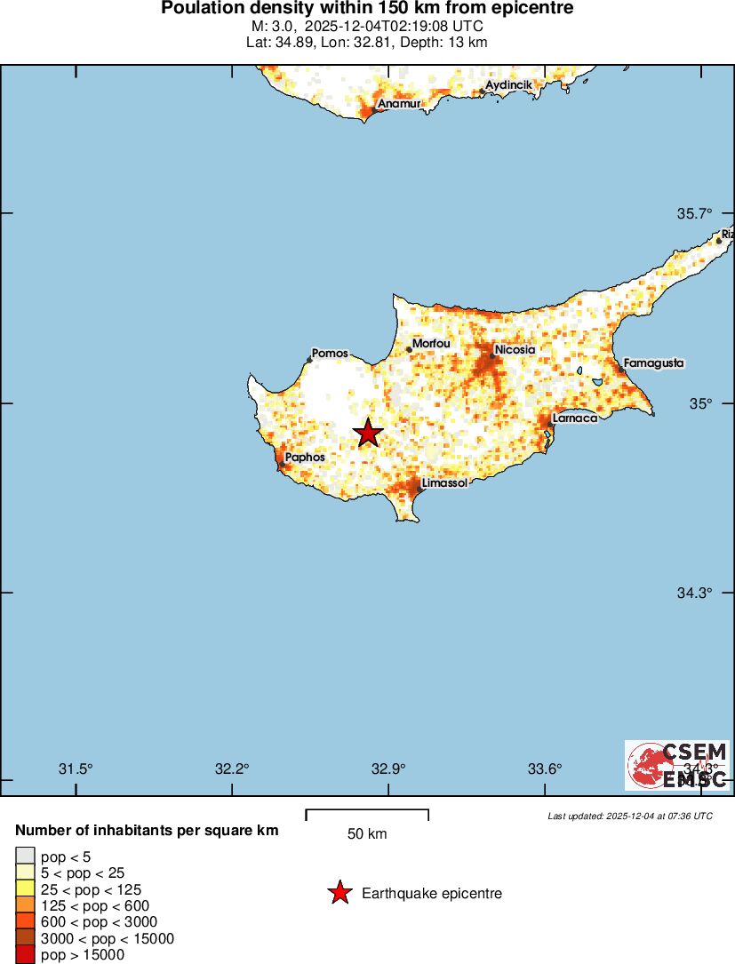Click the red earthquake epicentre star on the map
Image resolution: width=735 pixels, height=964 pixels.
pyautogui.click(x=368, y=434)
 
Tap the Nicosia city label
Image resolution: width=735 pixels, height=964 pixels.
pyautogui.click(x=515, y=350)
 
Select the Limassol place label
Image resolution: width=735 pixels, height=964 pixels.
pyautogui.click(x=445, y=482)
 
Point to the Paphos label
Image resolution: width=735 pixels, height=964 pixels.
pyautogui.click(x=304, y=457)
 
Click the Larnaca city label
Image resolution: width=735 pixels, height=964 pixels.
pyautogui.click(x=574, y=418)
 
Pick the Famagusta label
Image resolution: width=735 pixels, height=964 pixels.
pyautogui.click(x=653, y=363)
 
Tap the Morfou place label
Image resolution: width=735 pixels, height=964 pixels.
pyautogui.click(x=431, y=344)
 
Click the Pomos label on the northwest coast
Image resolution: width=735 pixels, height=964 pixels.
pyautogui.click(x=330, y=354)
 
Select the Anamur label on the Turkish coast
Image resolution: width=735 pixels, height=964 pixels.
pyautogui.click(x=398, y=104)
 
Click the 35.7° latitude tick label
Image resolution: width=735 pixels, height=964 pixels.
pyautogui.click(x=694, y=213)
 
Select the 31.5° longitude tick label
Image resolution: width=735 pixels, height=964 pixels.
pyautogui.click(x=76, y=769)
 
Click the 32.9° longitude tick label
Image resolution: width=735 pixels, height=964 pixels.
pyautogui.click(x=388, y=769)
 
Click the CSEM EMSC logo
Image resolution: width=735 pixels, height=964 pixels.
pyautogui.click(x=677, y=765)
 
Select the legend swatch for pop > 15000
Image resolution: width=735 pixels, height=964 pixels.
pyautogui.click(x=25, y=955)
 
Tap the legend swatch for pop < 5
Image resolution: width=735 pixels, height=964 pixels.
pyautogui.click(x=25, y=857)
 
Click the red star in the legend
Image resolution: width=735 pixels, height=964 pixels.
pyautogui.click(x=339, y=894)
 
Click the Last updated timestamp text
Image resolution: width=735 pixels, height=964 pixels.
pyautogui.click(x=629, y=816)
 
